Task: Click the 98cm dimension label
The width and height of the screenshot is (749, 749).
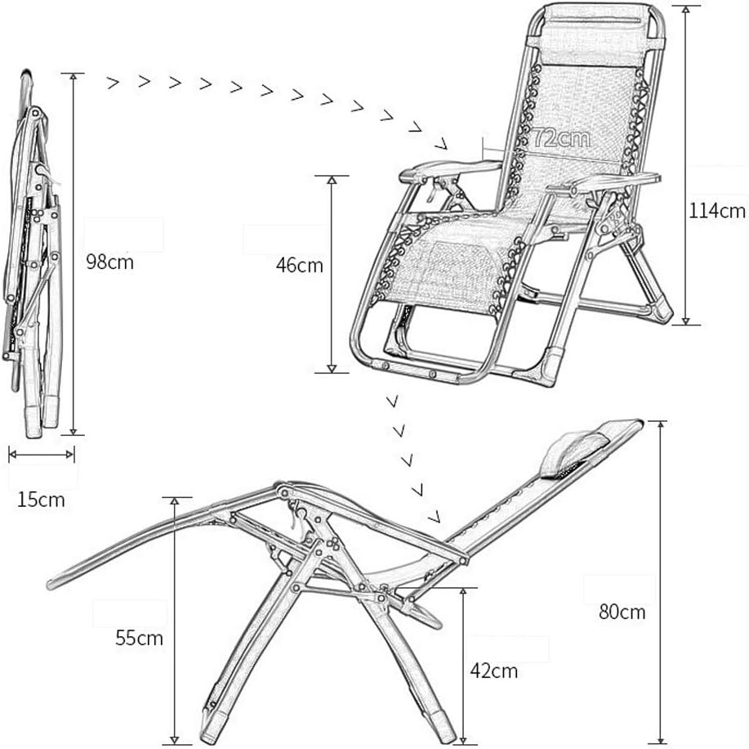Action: click(x=109, y=262)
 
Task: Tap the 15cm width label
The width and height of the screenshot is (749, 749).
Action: click(x=41, y=499)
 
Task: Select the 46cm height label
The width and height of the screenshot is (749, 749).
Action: click(x=299, y=266)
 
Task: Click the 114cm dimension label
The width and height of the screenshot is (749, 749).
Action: click(x=717, y=211)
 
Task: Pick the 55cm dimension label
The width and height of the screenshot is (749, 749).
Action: click(x=139, y=639)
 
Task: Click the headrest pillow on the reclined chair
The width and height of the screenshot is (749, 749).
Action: click(x=568, y=455)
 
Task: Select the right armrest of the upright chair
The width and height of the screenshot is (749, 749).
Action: click(x=609, y=182)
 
